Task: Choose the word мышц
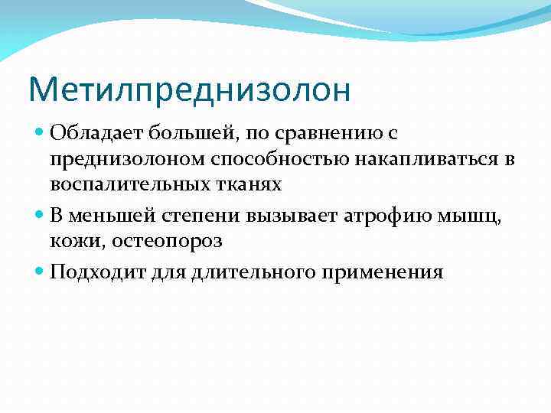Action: pos(476,216)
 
